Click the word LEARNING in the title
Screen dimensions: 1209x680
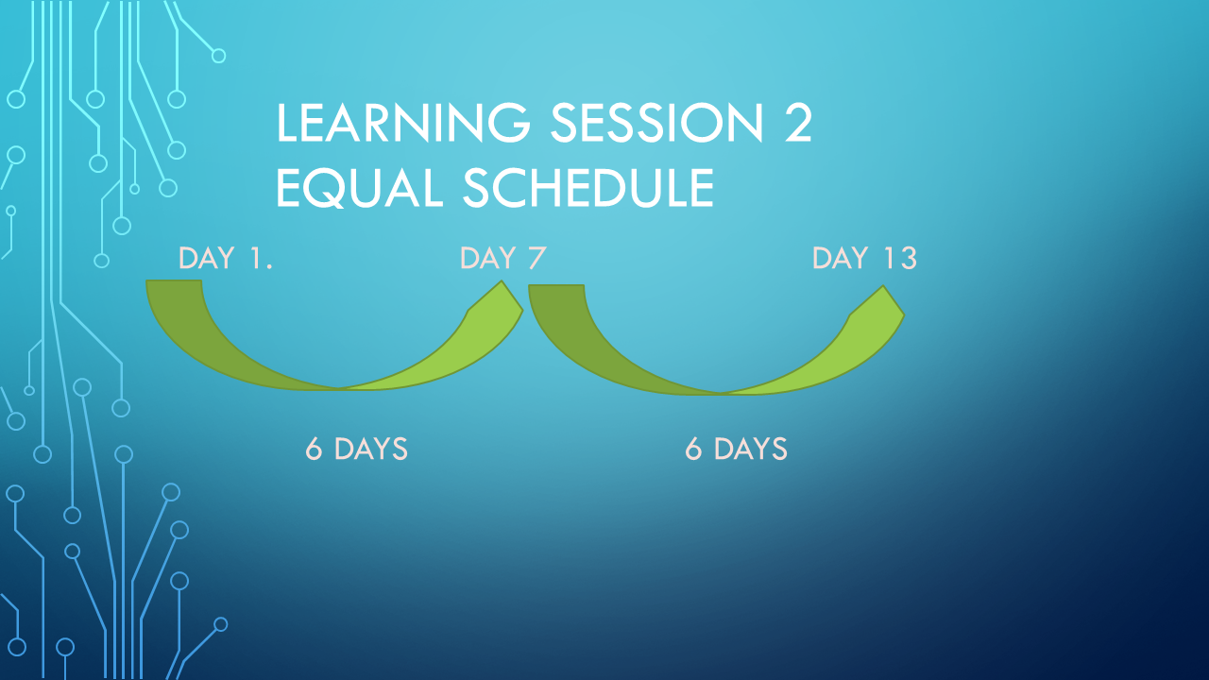pyautogui.click(x=403, y=123)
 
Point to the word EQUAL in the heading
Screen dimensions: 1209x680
pyautogui.click(x=360, y=187)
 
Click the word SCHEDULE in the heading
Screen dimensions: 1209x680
pyautogui.click(x=588, y=187)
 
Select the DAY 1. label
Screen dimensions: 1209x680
pyautogui.click(x=226, y=258)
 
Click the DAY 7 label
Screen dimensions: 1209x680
pyautogui.click(x=503, y=258)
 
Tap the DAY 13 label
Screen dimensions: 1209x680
pyautogui.click(x=864, y=258)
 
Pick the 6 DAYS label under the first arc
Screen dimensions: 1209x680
pyautogui.click(x=356, y=449)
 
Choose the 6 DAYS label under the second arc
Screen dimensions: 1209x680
pyautogui.click(x=736, y=449)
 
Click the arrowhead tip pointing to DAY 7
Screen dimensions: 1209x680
pyautogui.click(x=502, y=281)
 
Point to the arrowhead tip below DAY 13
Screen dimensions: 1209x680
pyautogui.click(x=883, y=286)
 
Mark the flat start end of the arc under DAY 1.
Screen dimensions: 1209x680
pyautogui.click(x=174, y=280)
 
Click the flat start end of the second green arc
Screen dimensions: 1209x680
pyautogui.click(x=556, y=285)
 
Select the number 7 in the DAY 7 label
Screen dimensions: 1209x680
pyautogui.click(x=537, y=258)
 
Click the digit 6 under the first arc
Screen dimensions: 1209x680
pyautogui.click(x=314, y=449)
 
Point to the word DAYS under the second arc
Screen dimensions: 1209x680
pyautogui.click(x=751, y=449)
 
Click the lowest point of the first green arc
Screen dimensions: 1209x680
pyautogui.click(x=339, y=389)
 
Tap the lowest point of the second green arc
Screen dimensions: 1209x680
pyautogui.click(x=721, y=394)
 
